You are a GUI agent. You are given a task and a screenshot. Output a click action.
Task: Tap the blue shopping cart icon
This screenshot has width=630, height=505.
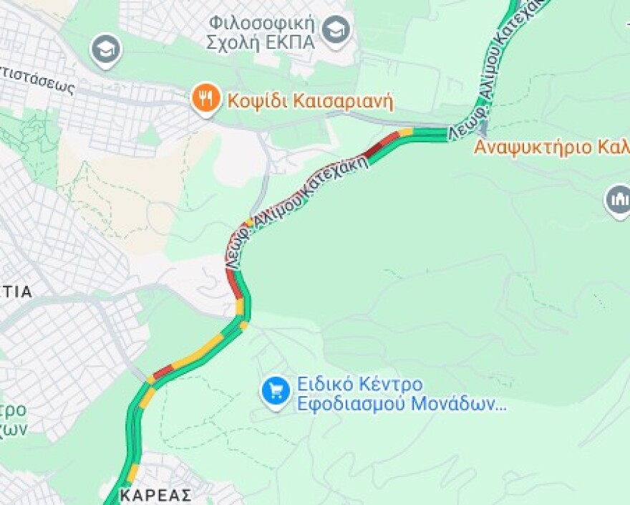point(275,392)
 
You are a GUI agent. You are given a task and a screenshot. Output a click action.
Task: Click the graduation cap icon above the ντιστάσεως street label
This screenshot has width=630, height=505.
point(106,50)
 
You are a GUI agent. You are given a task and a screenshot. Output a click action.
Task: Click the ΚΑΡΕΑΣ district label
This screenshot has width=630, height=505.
point(155,495)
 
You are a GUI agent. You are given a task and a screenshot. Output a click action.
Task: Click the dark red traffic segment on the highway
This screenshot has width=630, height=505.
point(375,148)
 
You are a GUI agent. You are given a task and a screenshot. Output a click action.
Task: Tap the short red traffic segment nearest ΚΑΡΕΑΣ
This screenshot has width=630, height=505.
point(163,371)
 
